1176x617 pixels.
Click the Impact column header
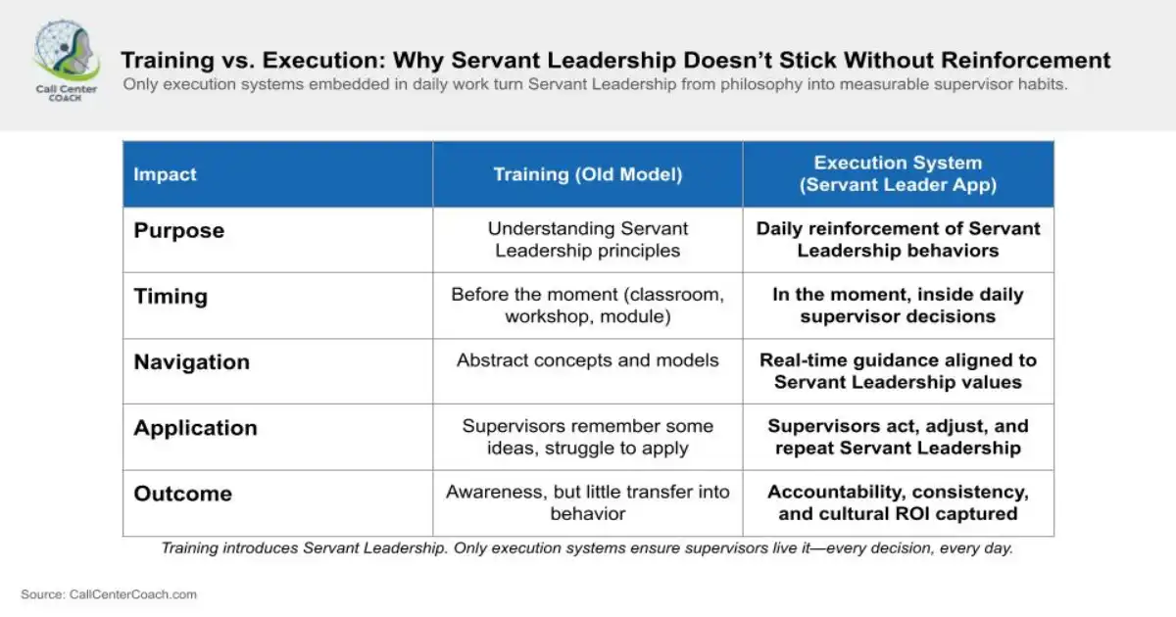coord(165,174)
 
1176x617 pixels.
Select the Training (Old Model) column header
coord(588,174)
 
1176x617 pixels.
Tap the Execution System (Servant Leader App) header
coord(898,173)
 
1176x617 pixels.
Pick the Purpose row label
coord(179,230)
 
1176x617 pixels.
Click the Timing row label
coord(171,297)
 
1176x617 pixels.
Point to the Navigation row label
coord(192,361)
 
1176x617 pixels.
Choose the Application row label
coord(196,427)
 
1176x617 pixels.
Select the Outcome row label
coord(183,493)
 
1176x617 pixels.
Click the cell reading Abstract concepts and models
coord(588,360)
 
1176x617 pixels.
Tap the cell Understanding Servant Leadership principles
coord(588,239)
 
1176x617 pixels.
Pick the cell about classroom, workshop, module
coord(588,305)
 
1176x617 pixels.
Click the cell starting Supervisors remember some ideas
coord(588,437)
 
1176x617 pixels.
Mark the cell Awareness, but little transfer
coord(588,502)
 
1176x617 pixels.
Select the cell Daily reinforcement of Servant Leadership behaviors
coord(898,239)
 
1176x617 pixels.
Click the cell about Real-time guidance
coord(898,370)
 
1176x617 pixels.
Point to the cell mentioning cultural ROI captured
coord(898,502)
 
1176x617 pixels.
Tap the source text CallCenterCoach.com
coord(109,593)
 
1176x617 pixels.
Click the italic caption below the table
coord(587,548)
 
